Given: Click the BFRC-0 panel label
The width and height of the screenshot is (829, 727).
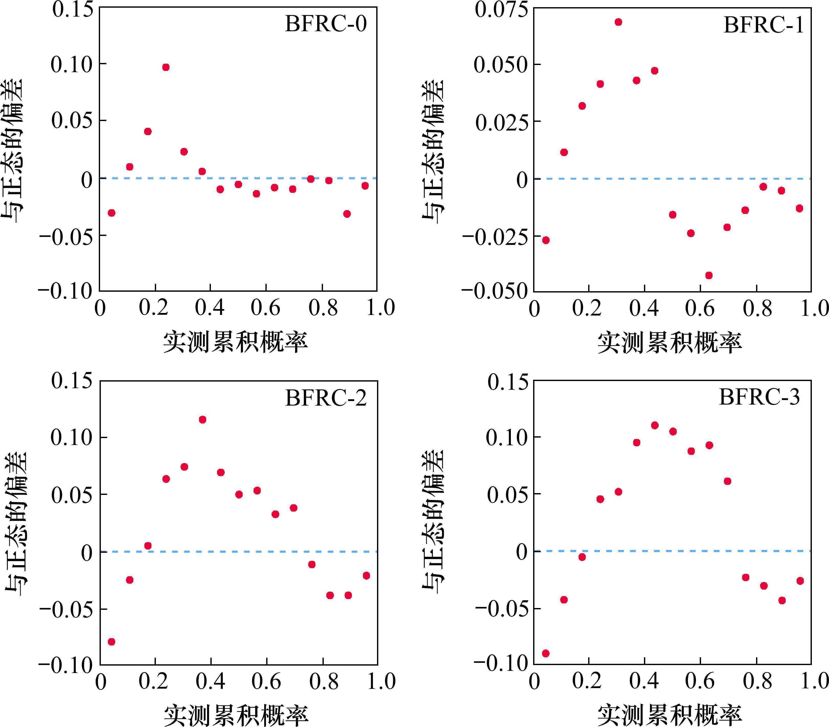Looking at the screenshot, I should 326,24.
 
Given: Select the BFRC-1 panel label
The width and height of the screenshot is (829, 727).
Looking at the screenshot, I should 763,26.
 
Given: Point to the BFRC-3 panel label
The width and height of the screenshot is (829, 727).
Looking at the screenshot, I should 759,397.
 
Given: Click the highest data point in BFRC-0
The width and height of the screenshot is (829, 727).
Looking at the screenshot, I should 166,67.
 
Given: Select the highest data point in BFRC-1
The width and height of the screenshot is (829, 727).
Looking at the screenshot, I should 618,22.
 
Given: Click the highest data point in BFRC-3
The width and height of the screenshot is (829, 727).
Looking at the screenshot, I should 655,425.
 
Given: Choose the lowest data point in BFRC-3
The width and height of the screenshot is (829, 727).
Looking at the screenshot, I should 545,653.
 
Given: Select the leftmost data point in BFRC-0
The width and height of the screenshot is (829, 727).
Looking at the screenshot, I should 112,213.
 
